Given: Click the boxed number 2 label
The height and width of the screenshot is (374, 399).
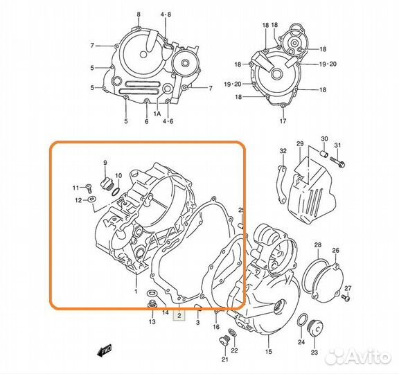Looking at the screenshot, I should [x=179, y=316].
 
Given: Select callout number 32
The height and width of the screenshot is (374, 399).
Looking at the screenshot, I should [x=283, y=150].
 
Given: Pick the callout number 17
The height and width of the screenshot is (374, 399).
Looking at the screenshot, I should [x=283, y=121].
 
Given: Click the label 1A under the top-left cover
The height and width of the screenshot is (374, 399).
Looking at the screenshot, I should [x=157, y=114].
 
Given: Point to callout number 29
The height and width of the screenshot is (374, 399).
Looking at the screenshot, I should [x=300, y=143].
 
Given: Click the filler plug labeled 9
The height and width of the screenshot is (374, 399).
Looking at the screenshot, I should [x=107, y=184].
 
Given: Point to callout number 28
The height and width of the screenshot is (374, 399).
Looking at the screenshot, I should [x=317, y=246].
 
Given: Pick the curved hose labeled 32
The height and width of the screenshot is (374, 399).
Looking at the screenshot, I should [x=281, y=183].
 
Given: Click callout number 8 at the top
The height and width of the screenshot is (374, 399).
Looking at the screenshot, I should [x=138, y=15].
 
